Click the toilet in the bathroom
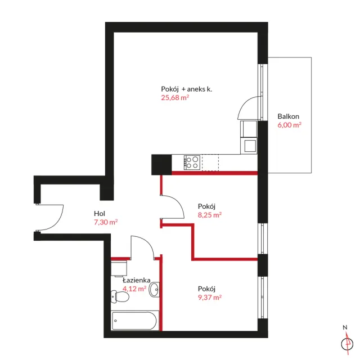click(x=120, y=296)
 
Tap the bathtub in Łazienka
click(x=135, y=321)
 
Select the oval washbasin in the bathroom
click(x=154, y=289)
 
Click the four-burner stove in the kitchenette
click(x=192, y=163)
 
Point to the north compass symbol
click(x=347, y=344)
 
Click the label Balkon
click(x=288, y=116)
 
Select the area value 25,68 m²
click(x=175, y=97)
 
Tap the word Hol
click(x=100, y=214)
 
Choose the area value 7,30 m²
click(x=106, y=222)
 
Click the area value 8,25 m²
click(x=210, y=215)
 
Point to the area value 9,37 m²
click(x=210, y=298)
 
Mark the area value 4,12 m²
click(x=134, y=289)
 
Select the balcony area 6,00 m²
click(x=289, y=125)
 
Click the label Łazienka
click(x=136, y=280)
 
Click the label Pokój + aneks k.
click(x=186, y=89)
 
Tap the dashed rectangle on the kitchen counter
click(x=210, y=163)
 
